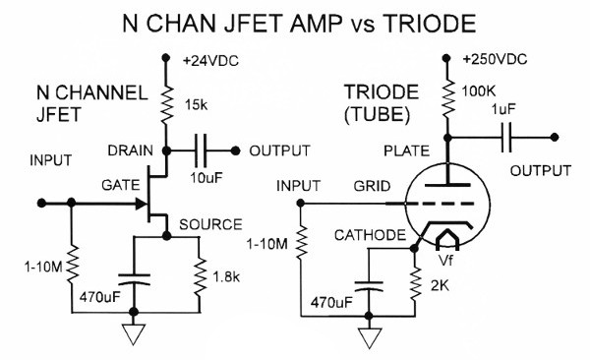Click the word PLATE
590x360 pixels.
point(404,151)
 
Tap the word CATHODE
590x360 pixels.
point(369,236)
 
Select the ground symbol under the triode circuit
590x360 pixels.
point(370,337)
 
